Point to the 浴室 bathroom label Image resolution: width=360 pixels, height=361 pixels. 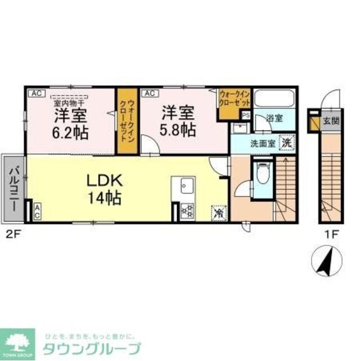(274, 119)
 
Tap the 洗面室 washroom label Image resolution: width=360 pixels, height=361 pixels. (263, 143)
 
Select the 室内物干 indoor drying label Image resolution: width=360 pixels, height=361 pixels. (68, 103)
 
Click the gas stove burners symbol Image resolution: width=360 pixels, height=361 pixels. (186, 211)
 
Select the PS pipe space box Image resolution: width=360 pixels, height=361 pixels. (245, 114)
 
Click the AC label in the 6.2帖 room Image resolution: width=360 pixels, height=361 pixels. (35, 93)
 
